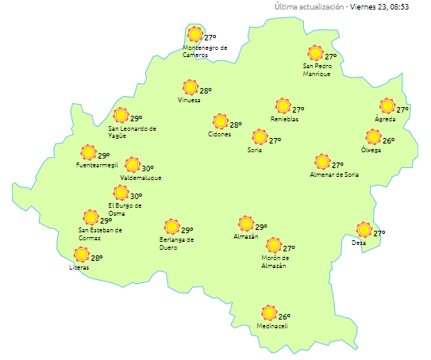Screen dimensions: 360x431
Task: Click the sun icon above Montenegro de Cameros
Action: [195, 35]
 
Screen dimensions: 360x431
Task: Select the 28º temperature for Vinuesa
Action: [206, 91]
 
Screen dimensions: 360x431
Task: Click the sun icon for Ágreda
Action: [387, 106]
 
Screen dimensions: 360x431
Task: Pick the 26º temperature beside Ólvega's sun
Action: [389, 140]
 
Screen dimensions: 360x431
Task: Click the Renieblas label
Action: [284, 120]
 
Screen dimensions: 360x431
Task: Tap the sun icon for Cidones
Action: [220, 122]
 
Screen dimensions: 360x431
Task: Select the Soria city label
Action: [255, 150]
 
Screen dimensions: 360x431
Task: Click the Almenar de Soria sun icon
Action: [322, 163]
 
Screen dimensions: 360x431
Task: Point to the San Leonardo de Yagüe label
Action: [132, 132]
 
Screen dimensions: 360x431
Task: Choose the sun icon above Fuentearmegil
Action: [89, 153]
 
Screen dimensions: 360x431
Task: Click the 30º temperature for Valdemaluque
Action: [148, 168]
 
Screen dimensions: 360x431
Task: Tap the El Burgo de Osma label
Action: [125, 209]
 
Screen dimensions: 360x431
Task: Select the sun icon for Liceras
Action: [81, 255]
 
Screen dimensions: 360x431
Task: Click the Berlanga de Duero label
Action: [175, 243]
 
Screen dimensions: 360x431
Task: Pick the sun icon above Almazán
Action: [246, 224]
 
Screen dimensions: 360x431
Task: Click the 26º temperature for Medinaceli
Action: [284, 316]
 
